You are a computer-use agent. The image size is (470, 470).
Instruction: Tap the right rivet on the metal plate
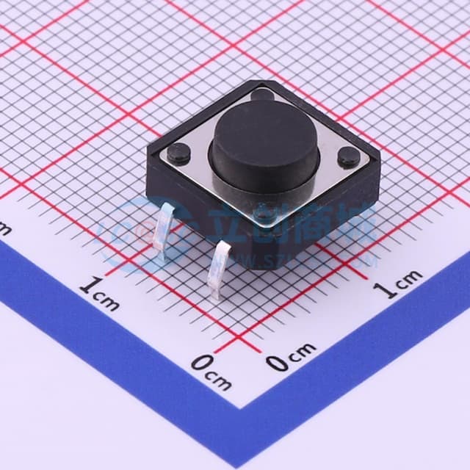(x=347, y=156)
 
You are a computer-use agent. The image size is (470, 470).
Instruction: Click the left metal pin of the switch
(x=167, y=234)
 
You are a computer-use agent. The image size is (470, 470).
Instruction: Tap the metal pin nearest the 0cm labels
(x=220, y=271)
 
